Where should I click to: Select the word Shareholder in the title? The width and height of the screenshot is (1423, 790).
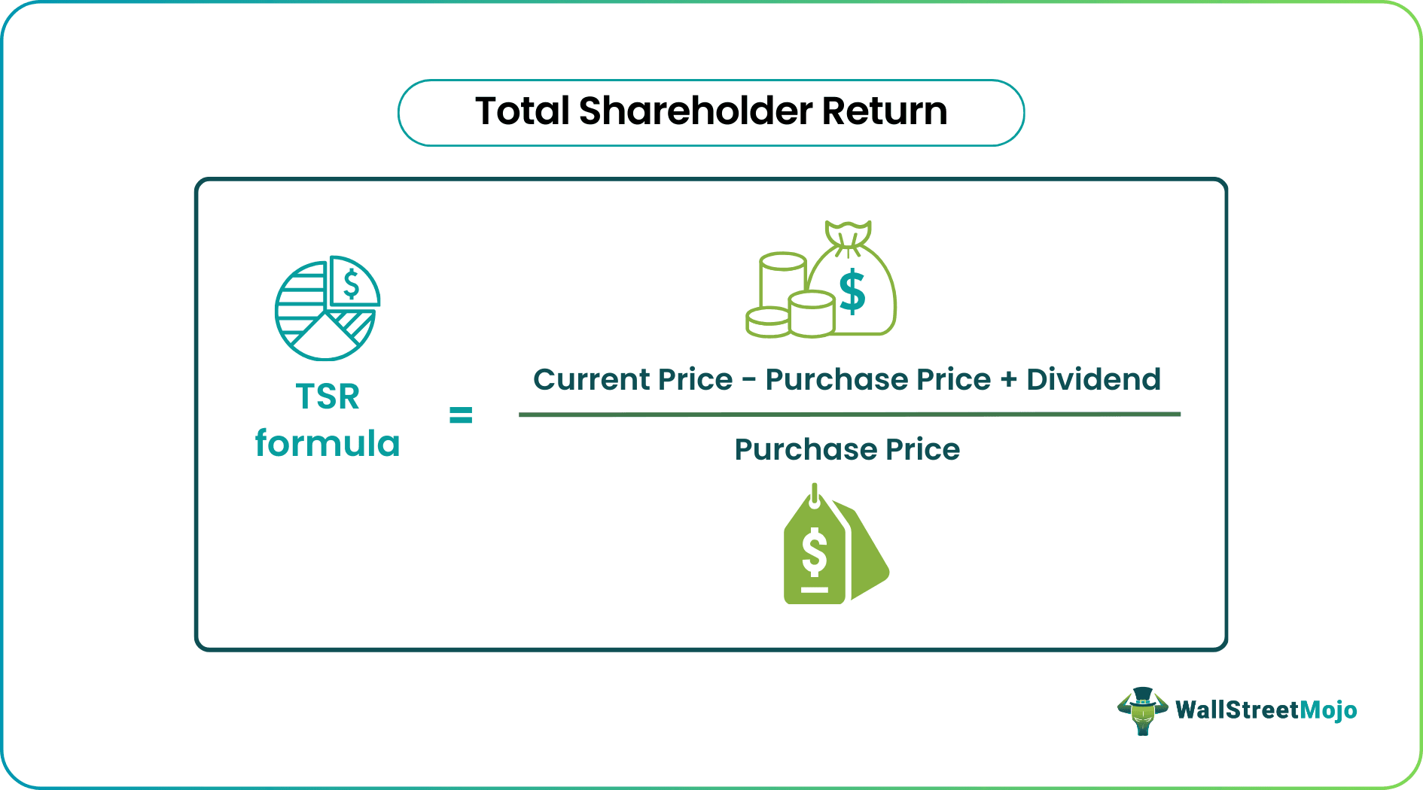(x=696, y=111)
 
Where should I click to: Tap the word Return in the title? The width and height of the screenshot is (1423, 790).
(x=884, y=111)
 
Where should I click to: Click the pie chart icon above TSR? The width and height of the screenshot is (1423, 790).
(x=327, y=308)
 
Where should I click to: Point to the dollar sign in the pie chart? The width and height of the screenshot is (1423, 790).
(x=351, y=284)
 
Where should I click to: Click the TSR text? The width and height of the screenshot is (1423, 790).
(x=328, y=397)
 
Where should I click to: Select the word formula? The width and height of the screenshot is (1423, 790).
(x=328, y=443)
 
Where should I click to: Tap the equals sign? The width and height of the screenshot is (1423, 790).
(x=461, y=415)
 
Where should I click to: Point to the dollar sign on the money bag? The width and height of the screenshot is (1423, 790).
(x=852, y=292)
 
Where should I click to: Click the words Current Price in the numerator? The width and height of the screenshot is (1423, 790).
(x=632, y=379)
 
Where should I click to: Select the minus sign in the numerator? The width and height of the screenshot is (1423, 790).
(x=748, y=380)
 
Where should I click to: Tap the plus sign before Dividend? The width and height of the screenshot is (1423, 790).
(x=1008, y=380)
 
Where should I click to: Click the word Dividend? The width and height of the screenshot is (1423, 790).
(x=1093, y=379)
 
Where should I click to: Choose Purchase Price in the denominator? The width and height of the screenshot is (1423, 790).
(x=847, y=449)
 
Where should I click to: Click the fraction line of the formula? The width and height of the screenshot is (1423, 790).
(x=849, y=414)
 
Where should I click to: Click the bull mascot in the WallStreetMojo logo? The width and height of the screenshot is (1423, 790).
(x=1142, y=710)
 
